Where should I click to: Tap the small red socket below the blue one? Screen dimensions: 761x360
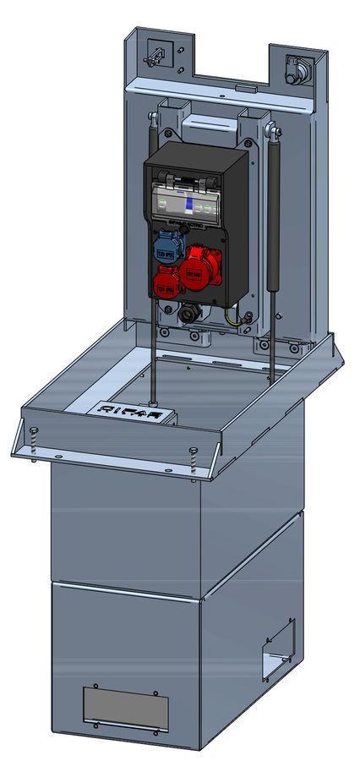coord(166,282)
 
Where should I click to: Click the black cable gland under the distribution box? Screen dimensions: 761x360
coord(188,313)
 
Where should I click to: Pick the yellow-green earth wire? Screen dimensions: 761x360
coord(233,317)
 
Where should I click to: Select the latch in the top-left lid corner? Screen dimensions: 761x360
coord(155,56)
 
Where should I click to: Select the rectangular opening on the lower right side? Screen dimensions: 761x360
coord(278,651)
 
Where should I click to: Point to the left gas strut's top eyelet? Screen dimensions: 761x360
coord(151,117)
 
